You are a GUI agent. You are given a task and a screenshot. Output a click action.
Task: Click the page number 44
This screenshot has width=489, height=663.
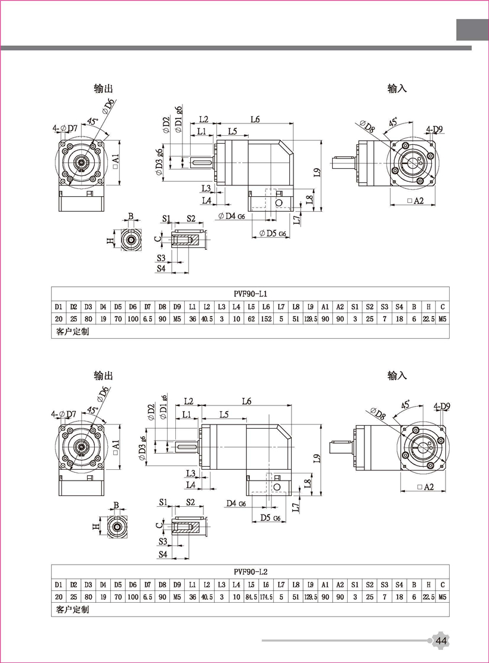tap(441, 641)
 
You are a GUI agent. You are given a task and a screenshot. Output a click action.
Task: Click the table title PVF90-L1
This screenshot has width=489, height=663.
tap(250, 293)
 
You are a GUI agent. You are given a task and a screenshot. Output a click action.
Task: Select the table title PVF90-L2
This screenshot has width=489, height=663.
tap(250, 571)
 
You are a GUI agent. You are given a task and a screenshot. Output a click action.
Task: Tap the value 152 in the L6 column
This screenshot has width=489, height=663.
tap(266, 319)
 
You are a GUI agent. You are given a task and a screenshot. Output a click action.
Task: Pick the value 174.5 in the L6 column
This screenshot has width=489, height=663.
tap(266, 597)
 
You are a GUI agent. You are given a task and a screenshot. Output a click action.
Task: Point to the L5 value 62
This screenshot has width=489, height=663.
tap(251, 319)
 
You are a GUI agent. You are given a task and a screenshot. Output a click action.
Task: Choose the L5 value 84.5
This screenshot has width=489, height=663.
tap(251, 597)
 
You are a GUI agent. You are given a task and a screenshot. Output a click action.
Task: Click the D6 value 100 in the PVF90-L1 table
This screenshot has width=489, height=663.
tap(132, 319)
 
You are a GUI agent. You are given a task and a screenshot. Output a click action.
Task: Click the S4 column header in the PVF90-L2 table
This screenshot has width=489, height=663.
tap(399, 584)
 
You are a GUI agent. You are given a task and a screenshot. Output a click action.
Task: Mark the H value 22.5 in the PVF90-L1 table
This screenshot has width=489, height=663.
tap(428, 319)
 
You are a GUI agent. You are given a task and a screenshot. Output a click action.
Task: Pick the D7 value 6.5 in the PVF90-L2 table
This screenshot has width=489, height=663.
tap(147, 597)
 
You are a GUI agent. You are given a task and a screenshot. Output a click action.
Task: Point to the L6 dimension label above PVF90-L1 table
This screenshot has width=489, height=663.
tap(255, 119)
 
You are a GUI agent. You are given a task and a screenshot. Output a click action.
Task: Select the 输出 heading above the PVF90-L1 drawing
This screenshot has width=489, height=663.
tap(103, 88)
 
